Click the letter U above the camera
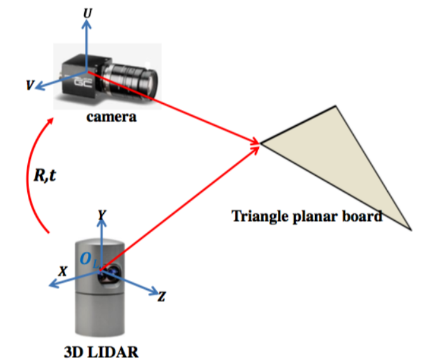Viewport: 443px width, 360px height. (x=87, y=11)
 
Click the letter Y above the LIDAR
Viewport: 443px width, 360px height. (x=100, y=216)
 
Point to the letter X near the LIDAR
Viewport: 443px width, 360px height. (x=63, y=270)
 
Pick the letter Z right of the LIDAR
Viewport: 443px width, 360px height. (x=162, y=296)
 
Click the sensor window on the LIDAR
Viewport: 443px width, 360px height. (x=110, y=273)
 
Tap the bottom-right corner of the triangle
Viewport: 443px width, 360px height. (x=412, y=228)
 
